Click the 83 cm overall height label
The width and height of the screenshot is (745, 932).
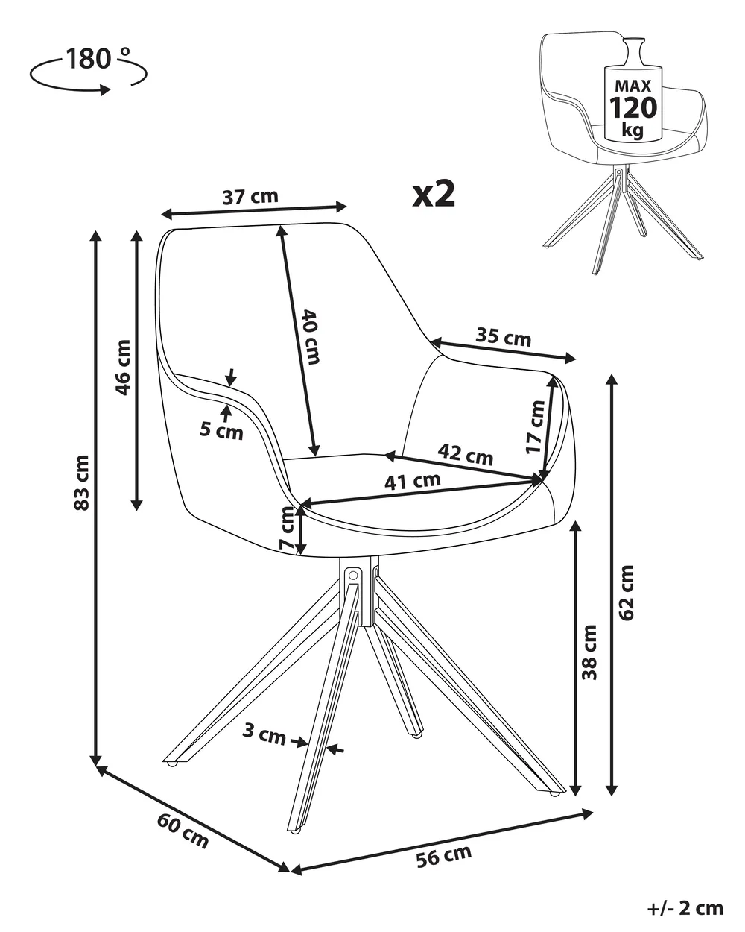click(x=82, y=482)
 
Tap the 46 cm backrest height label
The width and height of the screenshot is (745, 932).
click(x=123, y=368)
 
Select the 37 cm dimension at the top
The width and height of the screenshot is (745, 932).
click(x=250, y=197)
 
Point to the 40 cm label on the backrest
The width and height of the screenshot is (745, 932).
click(x=311, y=337)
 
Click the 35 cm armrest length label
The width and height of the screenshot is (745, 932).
click(x=503, y=337)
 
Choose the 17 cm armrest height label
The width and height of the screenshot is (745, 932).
click(x=535, y=427)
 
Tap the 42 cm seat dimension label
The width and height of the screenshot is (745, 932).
click(x=466, y=454)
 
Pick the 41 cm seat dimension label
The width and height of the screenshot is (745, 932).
click(x=413, y=481)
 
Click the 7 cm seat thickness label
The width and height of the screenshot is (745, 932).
click(x=287, y=528)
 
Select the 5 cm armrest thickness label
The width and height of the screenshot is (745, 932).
click(x=221, y=431)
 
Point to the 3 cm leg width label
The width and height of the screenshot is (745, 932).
click(x=264, y=733)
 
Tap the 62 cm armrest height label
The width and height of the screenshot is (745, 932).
click(x=627, y=593)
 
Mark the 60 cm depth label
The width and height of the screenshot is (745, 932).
click(x=183, y=830)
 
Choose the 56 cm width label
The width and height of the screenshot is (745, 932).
click(x=444, y=856)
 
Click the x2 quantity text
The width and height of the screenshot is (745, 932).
click(x=434, y=194)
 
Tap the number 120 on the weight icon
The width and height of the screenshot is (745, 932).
click(x=633, y=108)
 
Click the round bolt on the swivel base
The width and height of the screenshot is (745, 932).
click(x=353, y=576)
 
